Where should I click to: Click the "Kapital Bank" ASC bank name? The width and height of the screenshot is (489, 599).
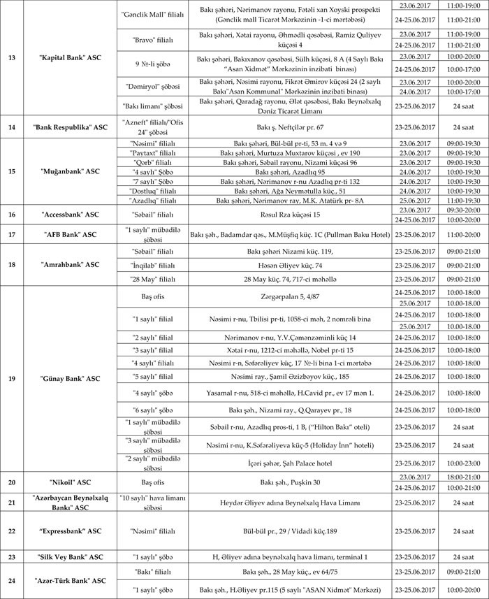pyautogui.click(x=70, y=57)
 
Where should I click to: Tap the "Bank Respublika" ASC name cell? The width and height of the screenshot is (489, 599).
pyautogui.click(x=70, y=128)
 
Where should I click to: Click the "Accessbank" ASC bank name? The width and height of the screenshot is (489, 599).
pyautogui.click(x=70, y=214)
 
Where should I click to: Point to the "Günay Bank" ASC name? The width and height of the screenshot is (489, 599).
pyautogui.click(x=70, y=378)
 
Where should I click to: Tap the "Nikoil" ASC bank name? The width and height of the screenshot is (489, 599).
pyautogui.click(x=70, y=482)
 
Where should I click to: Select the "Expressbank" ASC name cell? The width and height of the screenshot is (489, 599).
pyautogui.click(x=70, y=531)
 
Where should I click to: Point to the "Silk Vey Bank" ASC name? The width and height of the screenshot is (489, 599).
pyautogui.click(x=70, y=557)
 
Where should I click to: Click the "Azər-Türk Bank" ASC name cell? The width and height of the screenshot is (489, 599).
pyautogui.click(x=70, y=581)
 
